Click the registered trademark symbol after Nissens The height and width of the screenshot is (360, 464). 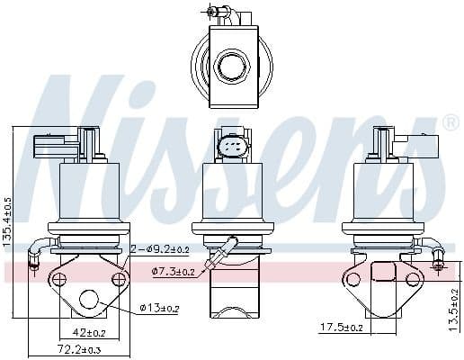pos(451,122)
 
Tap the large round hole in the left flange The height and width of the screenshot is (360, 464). pos(90,300)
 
